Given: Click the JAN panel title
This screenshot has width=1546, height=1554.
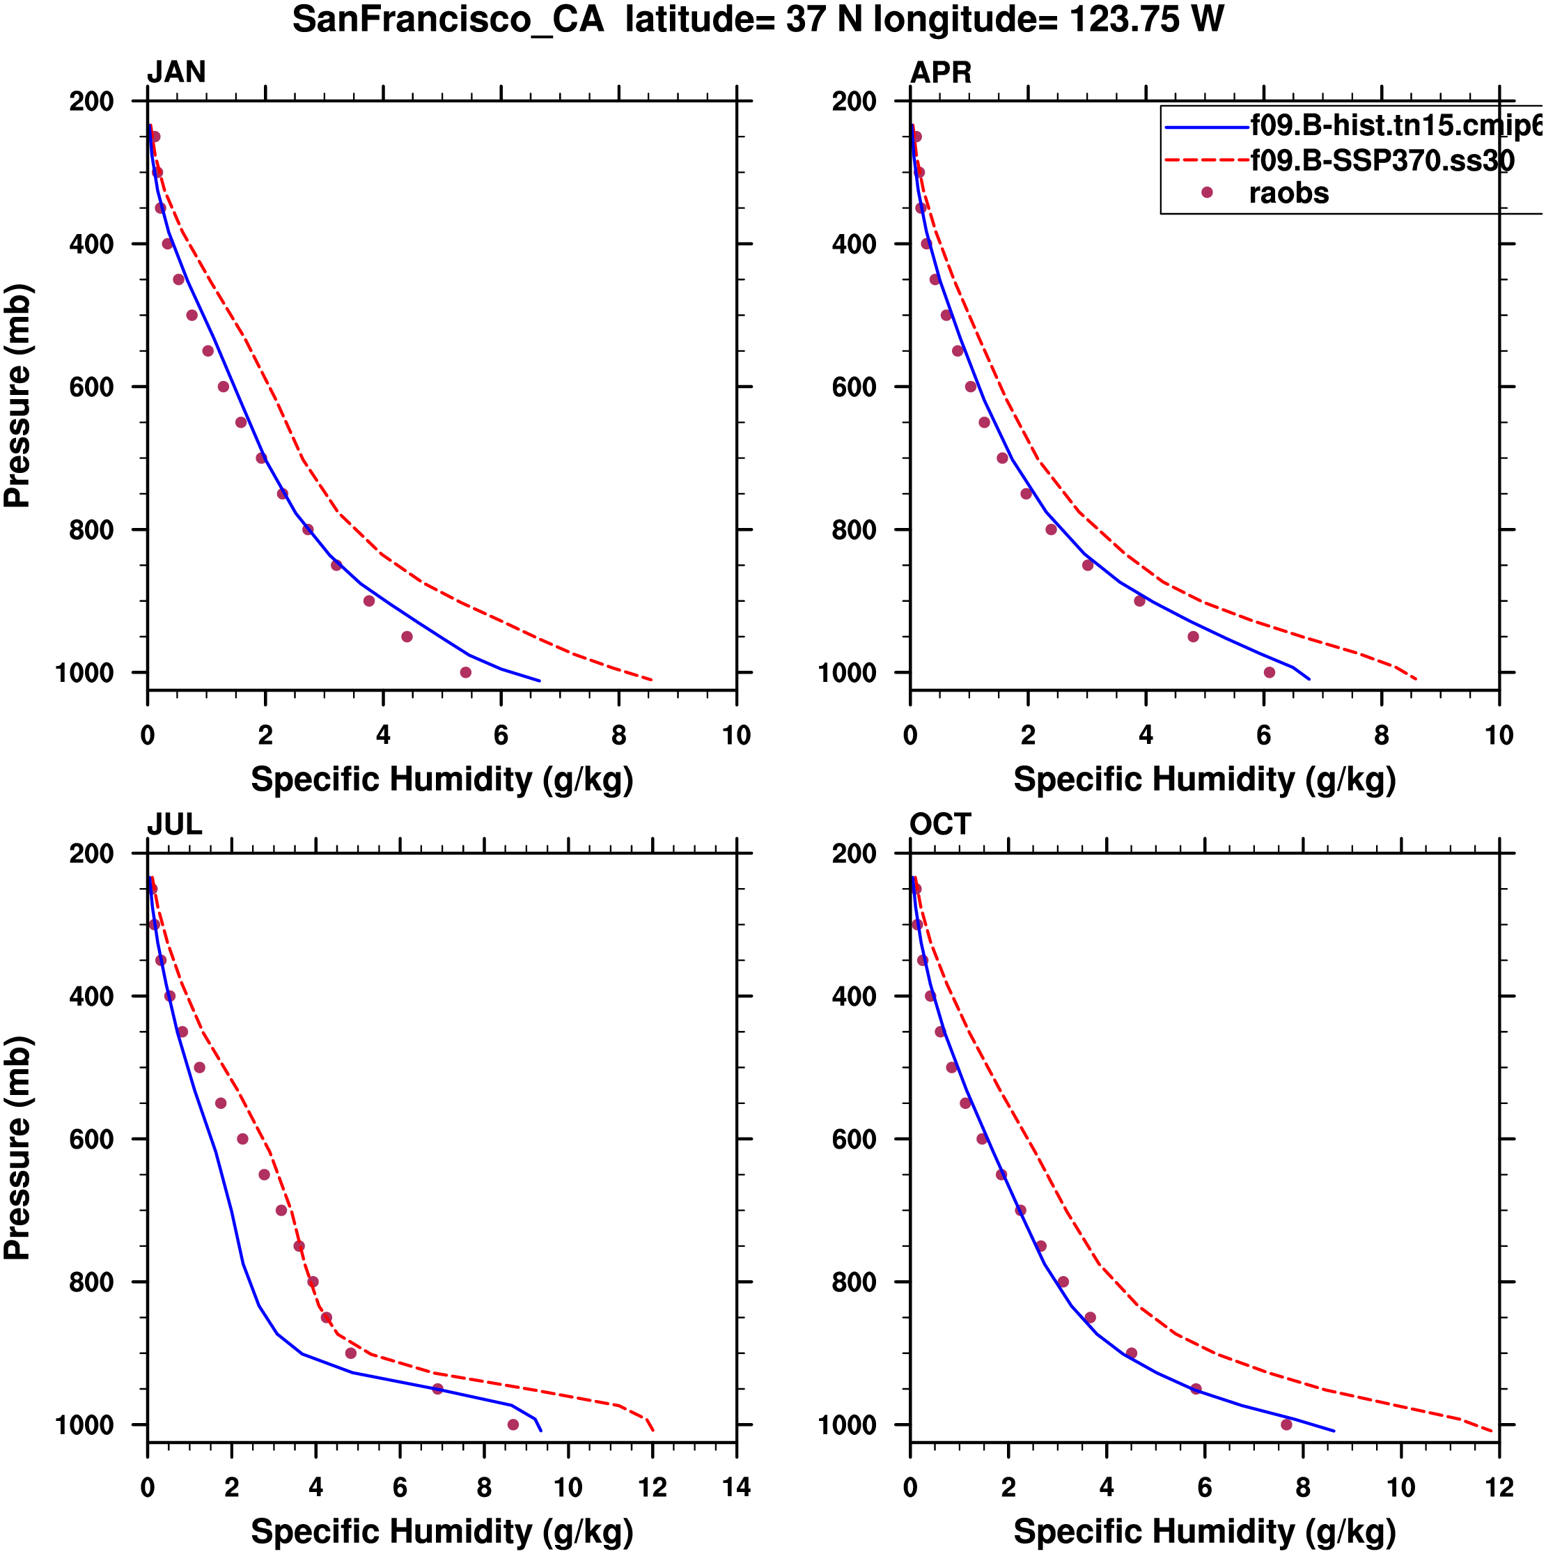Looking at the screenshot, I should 176,72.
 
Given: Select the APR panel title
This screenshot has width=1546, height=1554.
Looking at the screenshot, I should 940,72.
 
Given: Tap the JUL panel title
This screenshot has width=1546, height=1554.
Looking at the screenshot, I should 175,825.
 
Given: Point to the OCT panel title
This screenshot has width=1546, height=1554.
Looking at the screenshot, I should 940,825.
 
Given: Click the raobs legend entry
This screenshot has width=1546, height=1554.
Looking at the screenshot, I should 1288,193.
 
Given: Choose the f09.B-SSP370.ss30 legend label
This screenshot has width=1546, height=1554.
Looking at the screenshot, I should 1382,161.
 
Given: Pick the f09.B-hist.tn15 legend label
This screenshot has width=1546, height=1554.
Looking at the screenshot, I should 1396,125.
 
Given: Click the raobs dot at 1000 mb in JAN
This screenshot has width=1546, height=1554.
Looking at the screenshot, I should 466,672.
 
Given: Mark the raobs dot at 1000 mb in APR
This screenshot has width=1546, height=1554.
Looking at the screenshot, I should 1270,672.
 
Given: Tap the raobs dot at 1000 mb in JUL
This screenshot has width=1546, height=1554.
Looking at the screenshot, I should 513,1424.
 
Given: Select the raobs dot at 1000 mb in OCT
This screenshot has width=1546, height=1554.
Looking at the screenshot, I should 1286,1424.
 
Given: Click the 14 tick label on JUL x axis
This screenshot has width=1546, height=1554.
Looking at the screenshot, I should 736,1487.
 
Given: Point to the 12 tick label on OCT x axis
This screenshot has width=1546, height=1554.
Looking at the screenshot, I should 1499,1487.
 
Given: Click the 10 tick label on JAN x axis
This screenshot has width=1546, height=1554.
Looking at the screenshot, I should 736,735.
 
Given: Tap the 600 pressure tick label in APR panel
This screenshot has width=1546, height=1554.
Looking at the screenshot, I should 854,387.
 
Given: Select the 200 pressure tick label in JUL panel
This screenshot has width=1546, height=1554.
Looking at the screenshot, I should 91,853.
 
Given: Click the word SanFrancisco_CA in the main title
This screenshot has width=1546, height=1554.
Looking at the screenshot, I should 448,20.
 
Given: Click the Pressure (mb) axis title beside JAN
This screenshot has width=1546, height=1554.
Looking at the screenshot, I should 17,395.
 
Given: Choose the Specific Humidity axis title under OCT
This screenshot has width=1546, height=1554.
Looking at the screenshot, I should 1204,1532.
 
